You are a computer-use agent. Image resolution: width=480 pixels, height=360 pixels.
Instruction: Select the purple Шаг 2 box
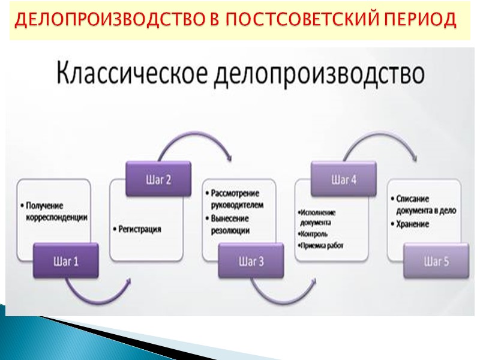(x=158, y=179)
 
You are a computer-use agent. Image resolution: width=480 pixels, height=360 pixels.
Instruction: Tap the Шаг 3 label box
(x=251, y=261)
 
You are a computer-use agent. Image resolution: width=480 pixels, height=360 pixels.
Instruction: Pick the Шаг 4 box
(x=343, y=179)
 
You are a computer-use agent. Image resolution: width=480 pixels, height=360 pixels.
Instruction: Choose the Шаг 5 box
(x=436, y=261)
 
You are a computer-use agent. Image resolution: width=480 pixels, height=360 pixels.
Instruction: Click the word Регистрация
(x=140, y=229)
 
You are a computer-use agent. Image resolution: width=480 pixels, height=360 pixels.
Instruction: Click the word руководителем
(x=238, y=204)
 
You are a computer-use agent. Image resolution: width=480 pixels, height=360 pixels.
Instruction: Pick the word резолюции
(x=230, y=230)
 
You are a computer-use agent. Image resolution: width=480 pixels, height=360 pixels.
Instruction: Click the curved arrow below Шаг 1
(x=98, y=293)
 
